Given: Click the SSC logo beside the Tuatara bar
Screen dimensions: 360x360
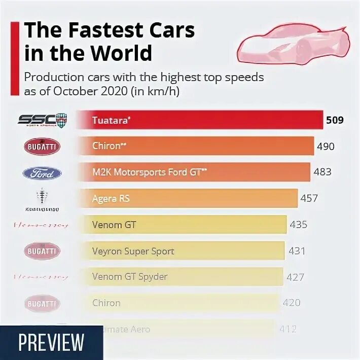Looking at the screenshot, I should click(43, 120).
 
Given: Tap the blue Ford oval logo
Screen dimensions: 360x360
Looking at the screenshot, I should click(43, 173).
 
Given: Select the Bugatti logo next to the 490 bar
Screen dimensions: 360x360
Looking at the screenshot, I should click(43, 147).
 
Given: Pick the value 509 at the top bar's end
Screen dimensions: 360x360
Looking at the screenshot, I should click(335, 120).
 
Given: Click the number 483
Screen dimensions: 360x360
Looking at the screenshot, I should click(322, 172).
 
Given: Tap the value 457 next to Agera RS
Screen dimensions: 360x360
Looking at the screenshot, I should click(310, 198).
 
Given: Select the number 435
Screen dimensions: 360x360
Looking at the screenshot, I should click(298, 224).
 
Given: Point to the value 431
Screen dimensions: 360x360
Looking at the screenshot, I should click(296, 250).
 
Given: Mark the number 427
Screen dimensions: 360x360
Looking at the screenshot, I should click(295, 277).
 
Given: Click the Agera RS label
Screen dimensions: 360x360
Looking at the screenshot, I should click(111, 198).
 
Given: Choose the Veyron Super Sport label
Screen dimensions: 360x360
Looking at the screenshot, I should click(133, 250).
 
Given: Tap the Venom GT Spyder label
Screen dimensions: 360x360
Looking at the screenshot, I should click(130, 277).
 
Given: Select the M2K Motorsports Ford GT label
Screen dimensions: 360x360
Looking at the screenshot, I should click(150, 172).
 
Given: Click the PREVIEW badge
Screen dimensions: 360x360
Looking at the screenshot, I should click(51, 342).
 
